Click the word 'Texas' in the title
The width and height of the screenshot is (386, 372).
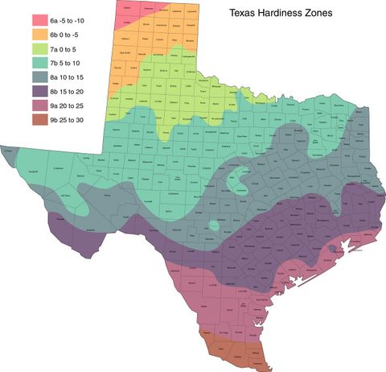point(243,14)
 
